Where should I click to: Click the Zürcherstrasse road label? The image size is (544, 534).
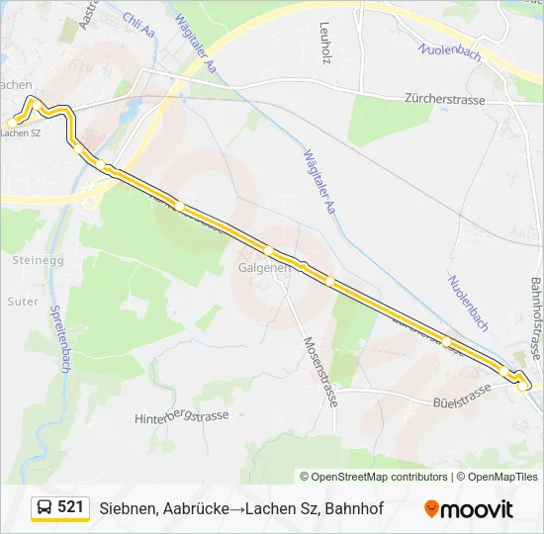[x=449, y=99]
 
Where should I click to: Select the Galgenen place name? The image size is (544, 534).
[x=264, y=267]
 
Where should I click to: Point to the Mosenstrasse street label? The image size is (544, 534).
[x=321, y=371]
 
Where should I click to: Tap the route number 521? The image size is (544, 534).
[x=70, y=507]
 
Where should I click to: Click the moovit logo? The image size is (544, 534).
[x=469, y=509]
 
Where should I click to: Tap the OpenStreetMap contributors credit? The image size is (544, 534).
[x=374, y=477]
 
